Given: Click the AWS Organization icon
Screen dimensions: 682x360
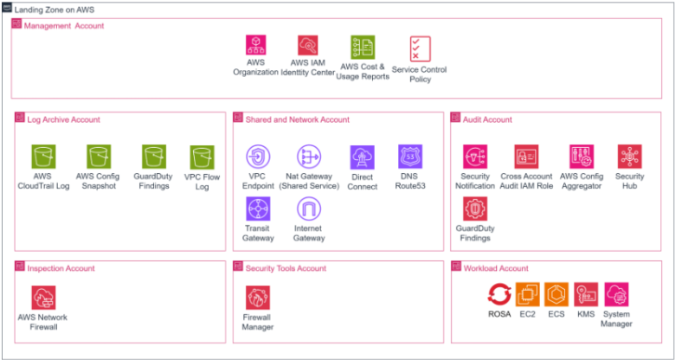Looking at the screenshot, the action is [x=256, y=46].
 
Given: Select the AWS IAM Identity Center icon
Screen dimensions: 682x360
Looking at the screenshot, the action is [x=308, y=46].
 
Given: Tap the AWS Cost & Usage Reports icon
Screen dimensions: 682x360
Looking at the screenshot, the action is [x=363, y=48].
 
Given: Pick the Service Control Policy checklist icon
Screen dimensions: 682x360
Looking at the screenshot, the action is [x=420, y=48].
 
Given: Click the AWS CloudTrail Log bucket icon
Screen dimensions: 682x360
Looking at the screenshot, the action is [x=43, y=157].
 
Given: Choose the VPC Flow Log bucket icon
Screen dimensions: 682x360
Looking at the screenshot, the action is [x=203, y=157].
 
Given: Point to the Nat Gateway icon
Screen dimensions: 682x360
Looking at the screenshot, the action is [x=309, y=157].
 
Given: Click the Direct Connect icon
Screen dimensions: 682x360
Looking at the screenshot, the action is [x=363, y=157].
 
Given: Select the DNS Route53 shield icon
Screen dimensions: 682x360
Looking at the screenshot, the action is [x=410, y=157].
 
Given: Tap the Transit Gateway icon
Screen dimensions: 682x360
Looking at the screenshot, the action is [x=259, y=209].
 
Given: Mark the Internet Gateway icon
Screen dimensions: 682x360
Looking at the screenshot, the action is [x=309, y=209].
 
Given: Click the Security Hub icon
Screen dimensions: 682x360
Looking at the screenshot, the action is [x=630, y=157].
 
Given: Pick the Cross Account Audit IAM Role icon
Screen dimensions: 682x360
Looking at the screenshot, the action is [x=526, y=157].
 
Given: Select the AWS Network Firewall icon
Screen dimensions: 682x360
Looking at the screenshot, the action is [x=43, y=298].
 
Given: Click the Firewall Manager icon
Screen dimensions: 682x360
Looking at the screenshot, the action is [x=258, y=298].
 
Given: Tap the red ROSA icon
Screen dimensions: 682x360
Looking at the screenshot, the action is [x=499, y=295].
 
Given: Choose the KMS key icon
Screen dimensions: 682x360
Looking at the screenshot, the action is [x=586, y=295].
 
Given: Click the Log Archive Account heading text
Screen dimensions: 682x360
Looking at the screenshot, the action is [x=63, y=119].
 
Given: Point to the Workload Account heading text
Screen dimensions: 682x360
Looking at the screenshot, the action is [x=496, y=268].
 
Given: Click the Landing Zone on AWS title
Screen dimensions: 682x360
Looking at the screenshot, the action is [x=55, y=10].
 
